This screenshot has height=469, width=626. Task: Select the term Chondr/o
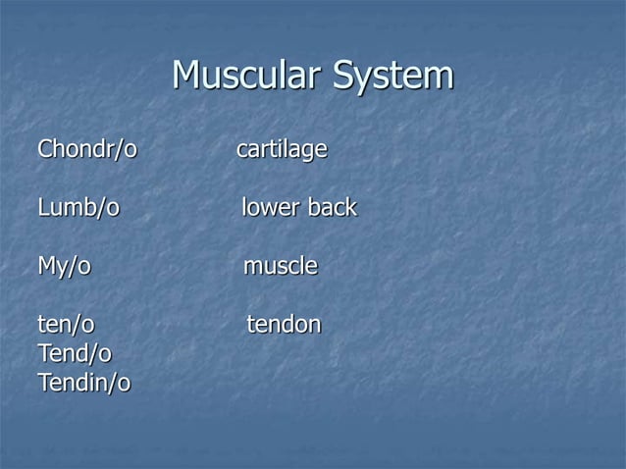[x=86, y=151]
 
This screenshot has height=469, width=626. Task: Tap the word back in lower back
[x=332, y=208]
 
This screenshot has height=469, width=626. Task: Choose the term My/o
[x=64, y=266]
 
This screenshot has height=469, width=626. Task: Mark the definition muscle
[x=280, y=266]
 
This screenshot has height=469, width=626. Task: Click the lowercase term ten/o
[x=66, y=324]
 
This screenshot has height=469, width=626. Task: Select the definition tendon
[x=283, y=324]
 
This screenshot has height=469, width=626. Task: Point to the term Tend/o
[x=74, y=352]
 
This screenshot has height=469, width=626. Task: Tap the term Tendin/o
[x=83, y=382]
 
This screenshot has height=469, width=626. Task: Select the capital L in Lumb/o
[x=42, y=208]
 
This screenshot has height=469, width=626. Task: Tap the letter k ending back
[x=351, y=208]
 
